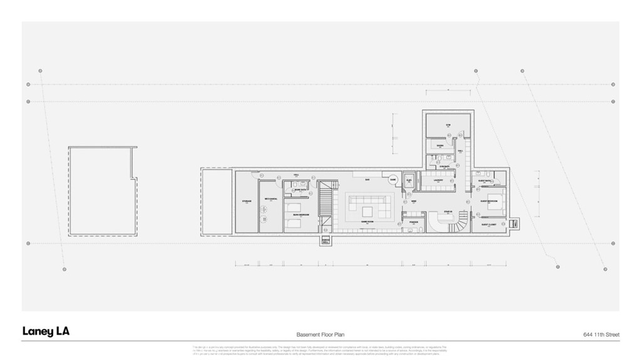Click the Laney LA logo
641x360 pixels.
pyautogui.click(x=46, y=332)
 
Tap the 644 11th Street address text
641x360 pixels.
pyautogui.click(x=600, y=335)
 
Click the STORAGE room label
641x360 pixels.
pyautogui.click(x=247, y=202)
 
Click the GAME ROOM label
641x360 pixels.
pyautogui.click(x=367, y=222)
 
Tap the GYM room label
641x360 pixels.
pyautogui.click(x=448, y=125)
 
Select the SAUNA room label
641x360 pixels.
pyautogui.click(x=440, y=146)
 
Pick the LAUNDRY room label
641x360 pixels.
pyautogui.click(x=438, y=180)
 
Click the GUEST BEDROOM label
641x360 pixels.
pyautogui.click(x=488, y=202)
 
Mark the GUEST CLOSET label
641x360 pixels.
pyautogui.click(x=489, y=224)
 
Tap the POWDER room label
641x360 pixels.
pyautogui.click(x=414, y=222)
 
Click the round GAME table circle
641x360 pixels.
pyautogui.click(x=393, y=180)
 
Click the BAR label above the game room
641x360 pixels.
pyautogui.click(x=367, y=180)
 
